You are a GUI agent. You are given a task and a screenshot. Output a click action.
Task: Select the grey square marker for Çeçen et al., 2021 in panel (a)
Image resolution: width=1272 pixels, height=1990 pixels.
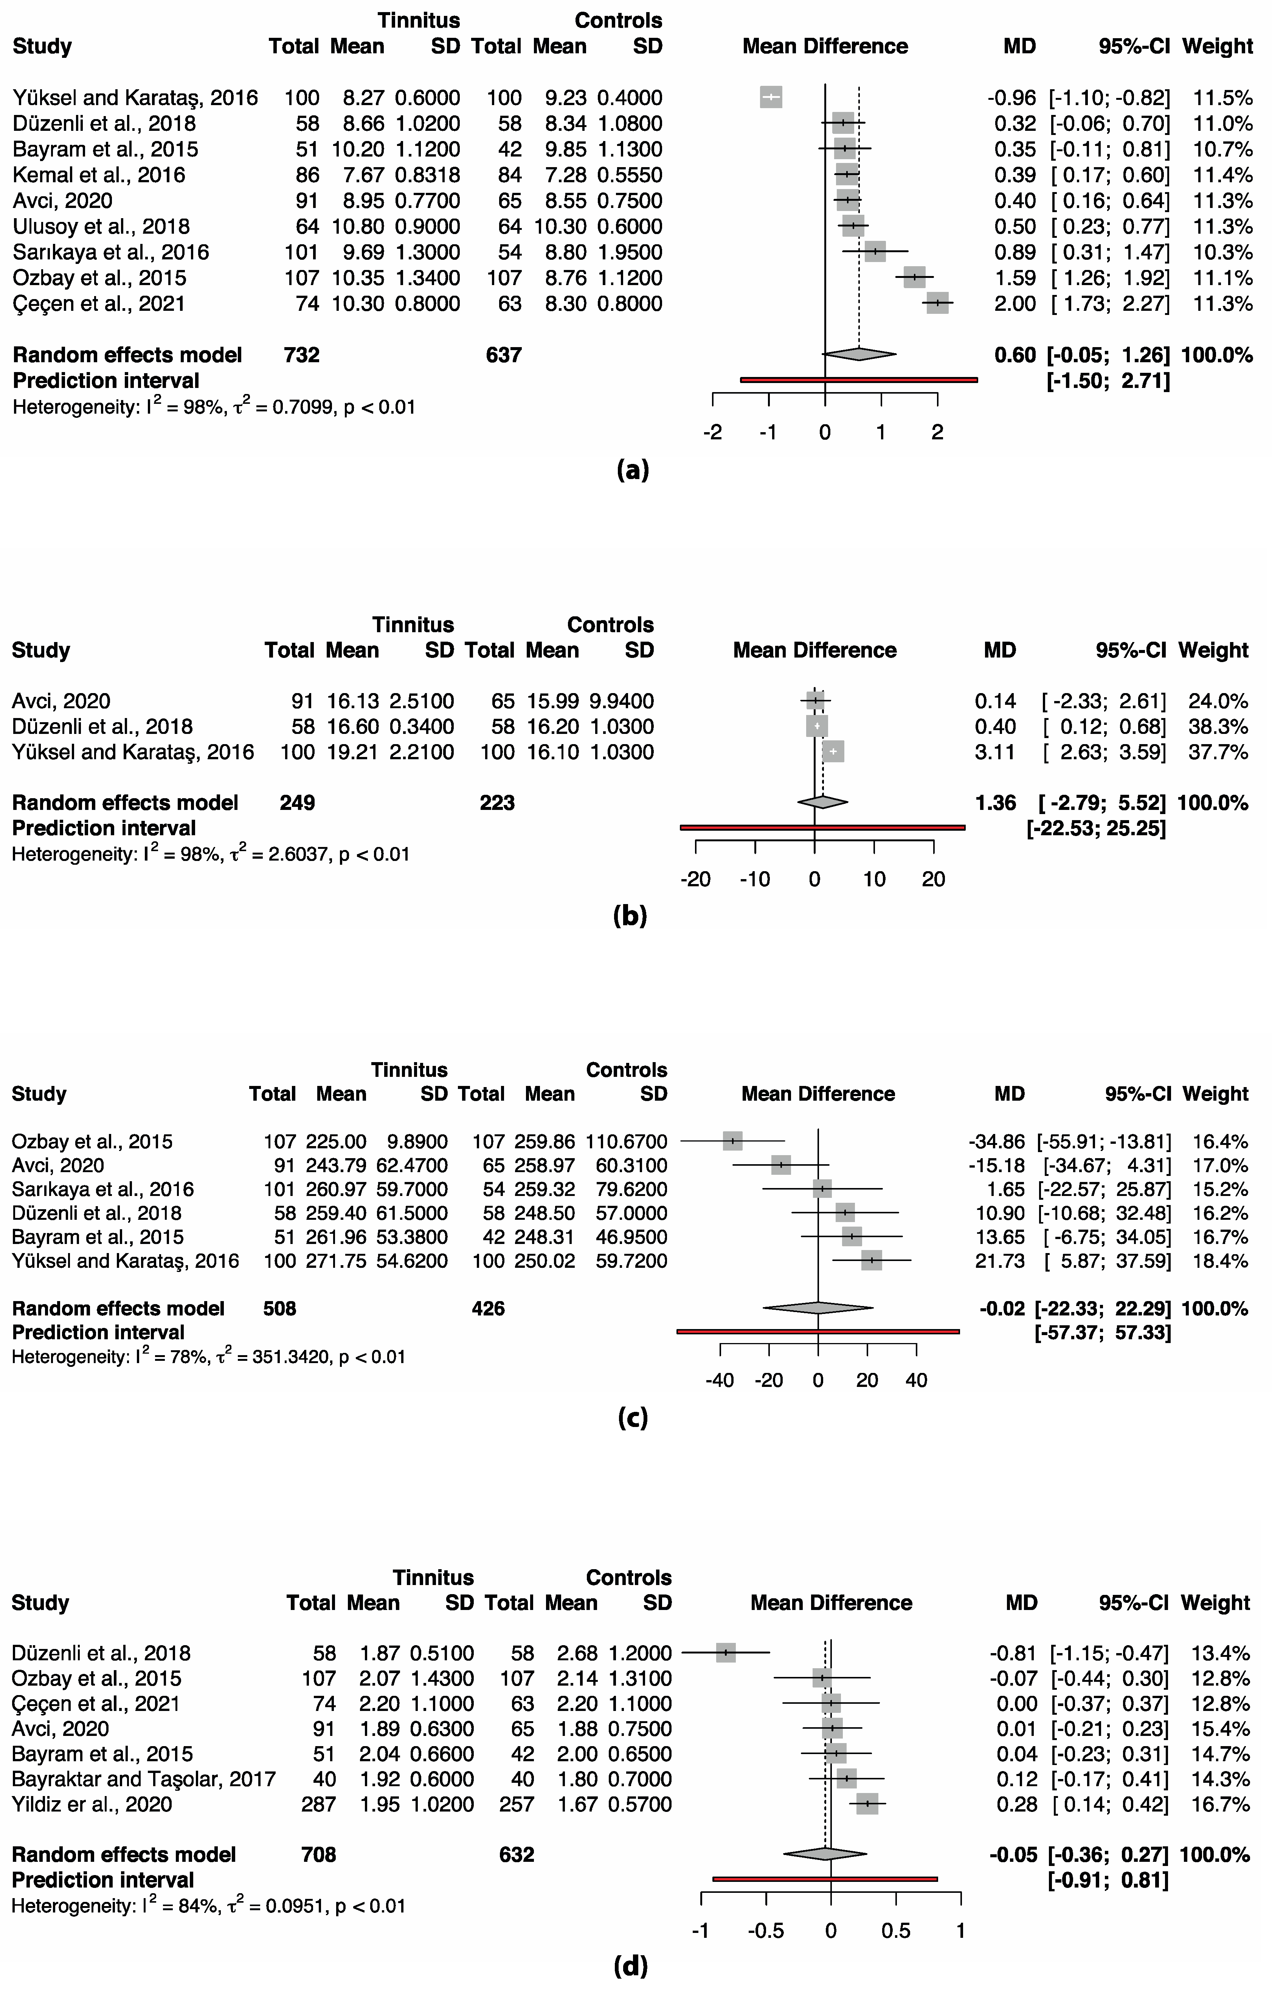coord(937,303)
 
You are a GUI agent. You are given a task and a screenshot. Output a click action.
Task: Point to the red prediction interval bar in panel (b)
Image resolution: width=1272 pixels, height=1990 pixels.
coord(822,827)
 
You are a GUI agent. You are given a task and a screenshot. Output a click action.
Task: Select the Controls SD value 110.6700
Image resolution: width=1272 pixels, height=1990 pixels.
coord(627,1141)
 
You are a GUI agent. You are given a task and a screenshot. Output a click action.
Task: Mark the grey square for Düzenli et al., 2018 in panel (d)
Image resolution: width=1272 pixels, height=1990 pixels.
coord(726,1653)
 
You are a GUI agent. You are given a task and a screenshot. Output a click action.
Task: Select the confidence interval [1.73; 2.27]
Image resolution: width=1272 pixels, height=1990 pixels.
coord(1110,303)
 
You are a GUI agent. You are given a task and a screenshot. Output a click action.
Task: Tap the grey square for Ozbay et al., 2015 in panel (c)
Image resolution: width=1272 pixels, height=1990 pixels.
coord(732,1141)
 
